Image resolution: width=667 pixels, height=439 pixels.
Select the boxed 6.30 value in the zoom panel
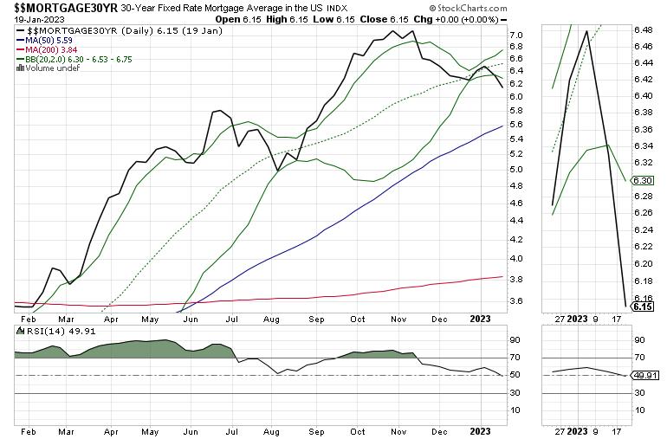(642, 180)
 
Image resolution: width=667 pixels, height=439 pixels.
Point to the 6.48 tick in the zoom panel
(643, 29)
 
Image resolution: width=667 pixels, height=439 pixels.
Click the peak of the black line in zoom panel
(587, 31)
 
